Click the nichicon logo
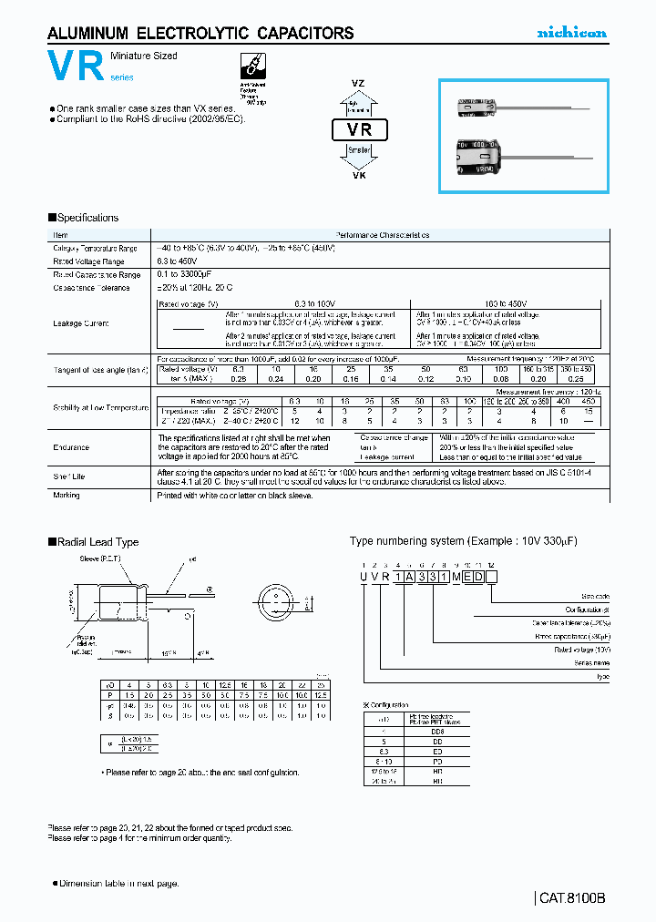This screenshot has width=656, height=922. point(570,33)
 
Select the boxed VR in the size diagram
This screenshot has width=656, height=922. point(360,130)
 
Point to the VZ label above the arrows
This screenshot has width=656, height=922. point(359,83)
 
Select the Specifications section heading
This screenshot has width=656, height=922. point(84,218)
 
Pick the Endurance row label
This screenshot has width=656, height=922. point(70,447)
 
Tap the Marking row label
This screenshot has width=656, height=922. point(67,496)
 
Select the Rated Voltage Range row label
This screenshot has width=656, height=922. point(87,261)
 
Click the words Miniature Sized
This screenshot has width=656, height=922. point(144,56)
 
